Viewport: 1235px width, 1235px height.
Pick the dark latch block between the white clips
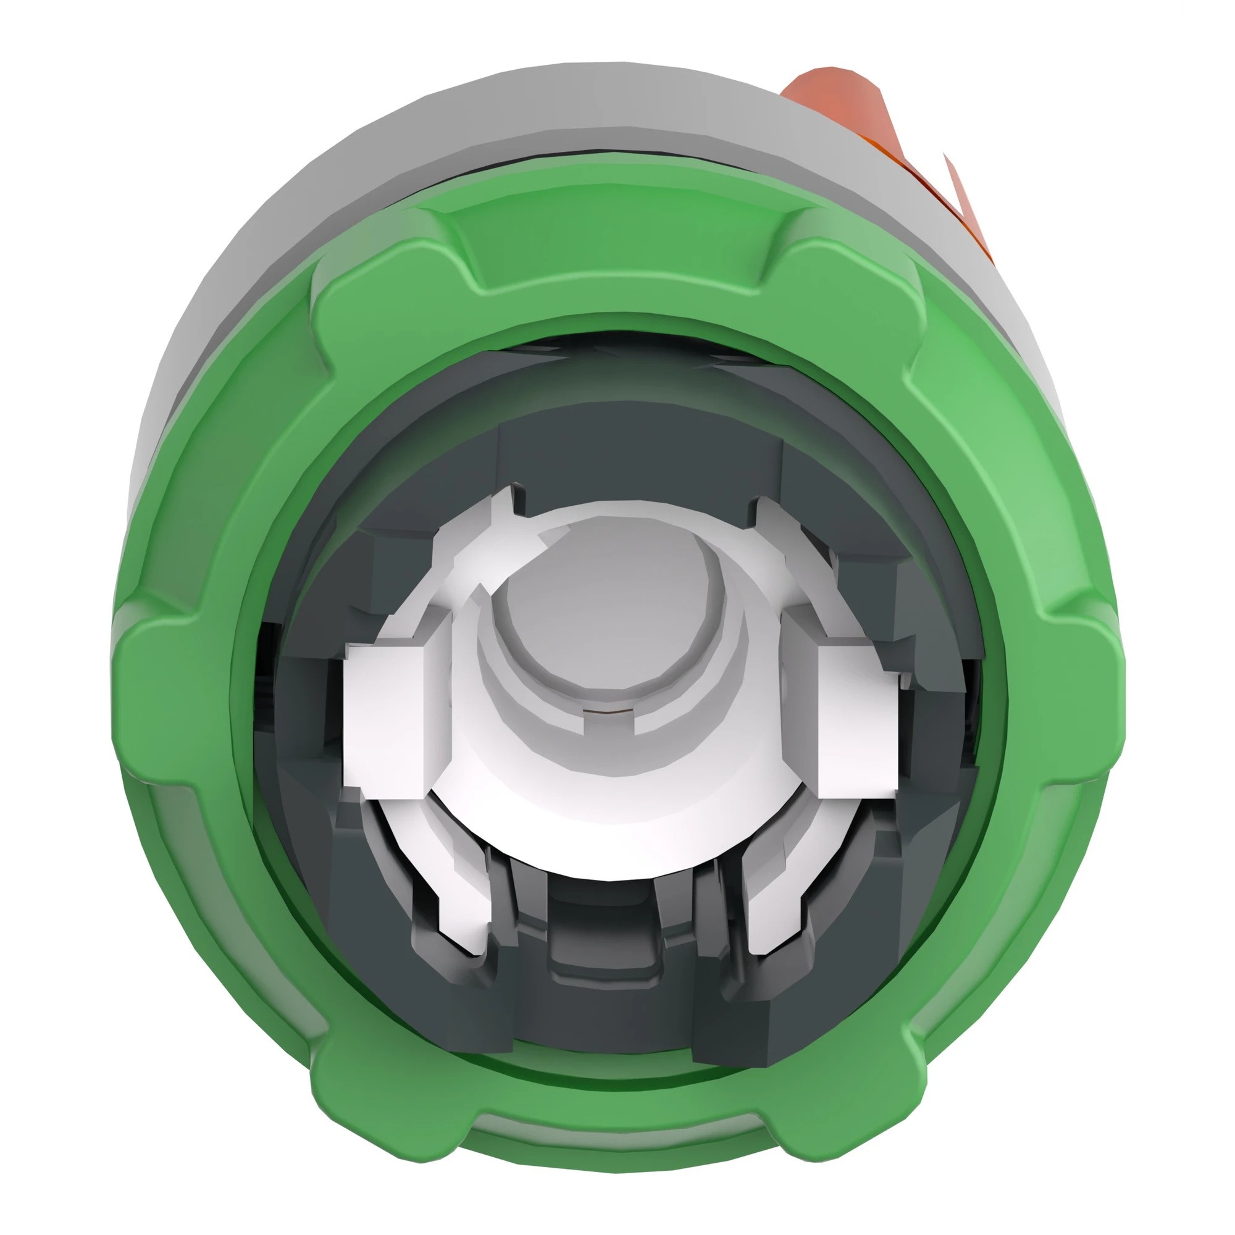(611, 940)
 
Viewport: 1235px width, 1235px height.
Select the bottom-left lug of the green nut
(377, 1087)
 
